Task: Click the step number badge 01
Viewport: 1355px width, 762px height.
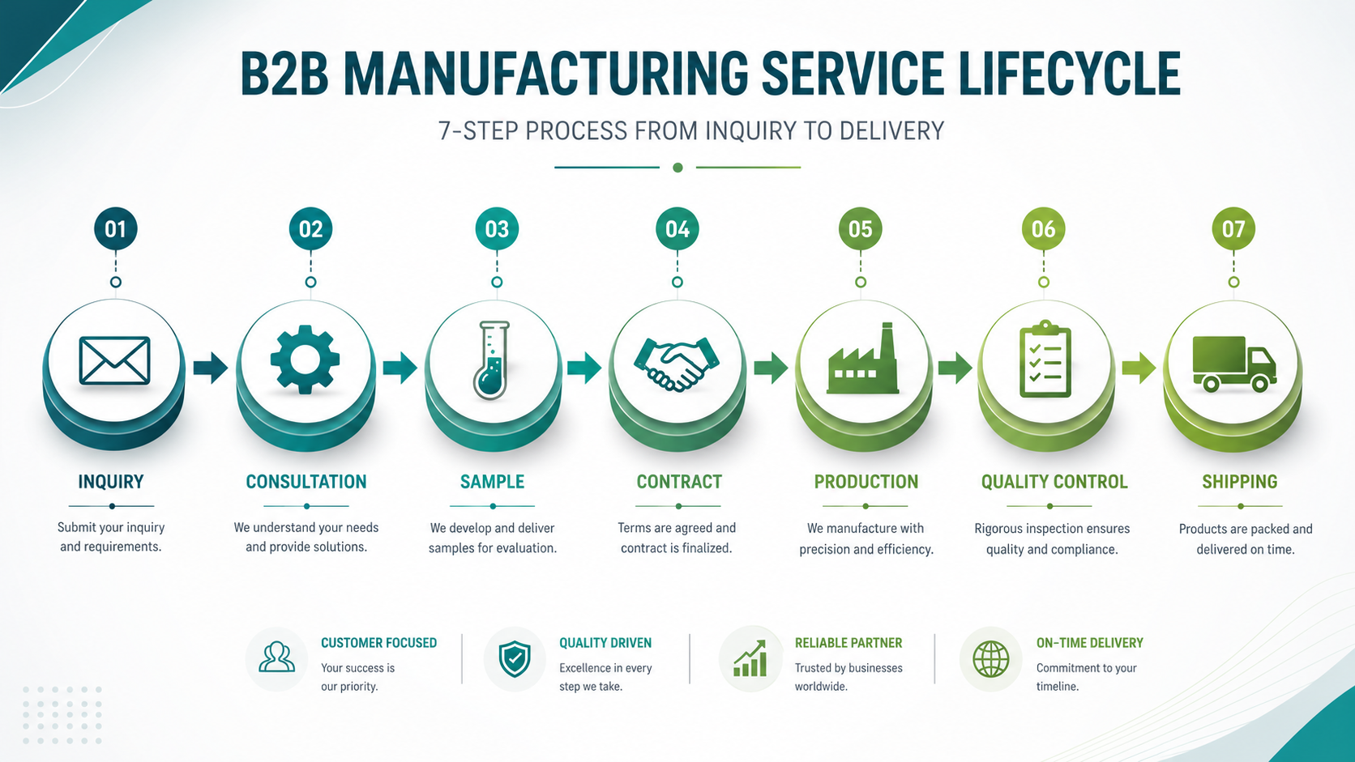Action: click(x=116, y=229)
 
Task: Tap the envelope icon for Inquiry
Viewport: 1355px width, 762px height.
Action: click(x=114, y=361)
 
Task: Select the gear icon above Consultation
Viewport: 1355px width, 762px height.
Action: click(x=305, y=360)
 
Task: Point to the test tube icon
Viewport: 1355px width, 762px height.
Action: click(x=492, y=360)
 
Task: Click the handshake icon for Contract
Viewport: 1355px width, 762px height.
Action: click(x=677, y=364)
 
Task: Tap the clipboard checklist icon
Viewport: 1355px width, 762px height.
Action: click(x=1045, y=359)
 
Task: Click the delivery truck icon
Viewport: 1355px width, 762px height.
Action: click(x=1234, y=364)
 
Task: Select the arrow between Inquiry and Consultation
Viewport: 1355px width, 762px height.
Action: click(x=211, y=367)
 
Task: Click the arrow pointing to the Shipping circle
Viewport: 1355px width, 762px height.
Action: click(x=1139, y=367)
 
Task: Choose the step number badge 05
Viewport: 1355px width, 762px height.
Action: click(x=860, y=229)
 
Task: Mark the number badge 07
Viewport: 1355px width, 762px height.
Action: click(x=1233, y=229)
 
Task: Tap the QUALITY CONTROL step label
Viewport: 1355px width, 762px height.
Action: click(x=1054, y=482)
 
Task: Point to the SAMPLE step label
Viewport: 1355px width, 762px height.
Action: click(x=493, y=482)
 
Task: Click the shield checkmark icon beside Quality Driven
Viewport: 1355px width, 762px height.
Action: click(x=515, y=659)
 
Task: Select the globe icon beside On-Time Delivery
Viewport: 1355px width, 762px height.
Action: click(x=991, y=659)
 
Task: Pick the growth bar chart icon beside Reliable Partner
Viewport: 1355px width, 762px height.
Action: click(x=750, y=658)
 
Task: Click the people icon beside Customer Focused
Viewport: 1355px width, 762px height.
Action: click(x=276, y=658)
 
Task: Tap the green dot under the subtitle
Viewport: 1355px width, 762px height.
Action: click(x=678, y=168)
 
